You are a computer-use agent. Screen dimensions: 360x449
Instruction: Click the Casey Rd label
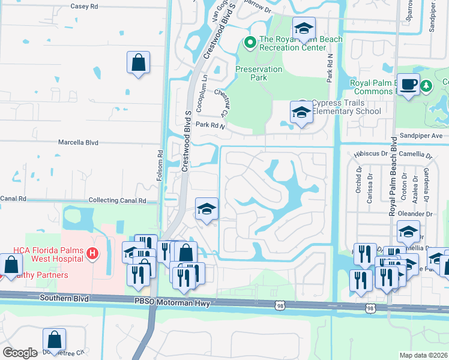(x=84, y=6)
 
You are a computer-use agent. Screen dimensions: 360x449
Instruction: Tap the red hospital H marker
(x=92, y=254)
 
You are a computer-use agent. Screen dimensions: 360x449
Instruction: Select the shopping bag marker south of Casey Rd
(x=138, y=62)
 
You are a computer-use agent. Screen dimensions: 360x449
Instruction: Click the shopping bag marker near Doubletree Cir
(x=54, y=340)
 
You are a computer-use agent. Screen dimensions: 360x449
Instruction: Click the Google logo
(x=20, y=353)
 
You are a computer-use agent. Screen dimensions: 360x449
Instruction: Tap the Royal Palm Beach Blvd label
(x=394, y=180)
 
